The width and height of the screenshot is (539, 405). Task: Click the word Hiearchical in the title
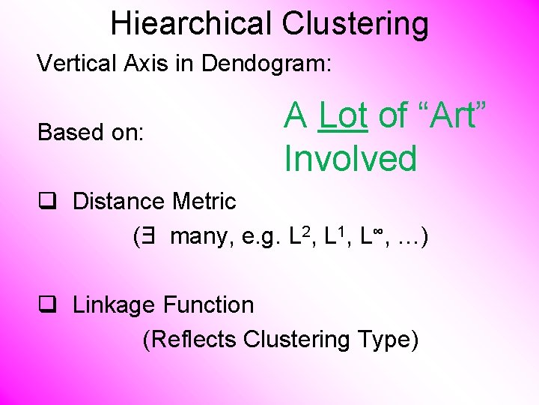point(192,24)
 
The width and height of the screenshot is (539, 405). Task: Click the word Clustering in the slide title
point(356,24)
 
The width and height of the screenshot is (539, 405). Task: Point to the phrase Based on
point(91,133)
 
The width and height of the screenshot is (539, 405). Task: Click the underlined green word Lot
point(343,116)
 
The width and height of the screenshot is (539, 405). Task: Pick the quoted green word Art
point(451,116)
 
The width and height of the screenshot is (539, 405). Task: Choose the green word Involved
point(350,159)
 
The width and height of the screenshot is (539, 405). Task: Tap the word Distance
point(120,202)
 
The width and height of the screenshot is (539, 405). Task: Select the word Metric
point(204,202)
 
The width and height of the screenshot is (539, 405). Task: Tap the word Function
point(209,305)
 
